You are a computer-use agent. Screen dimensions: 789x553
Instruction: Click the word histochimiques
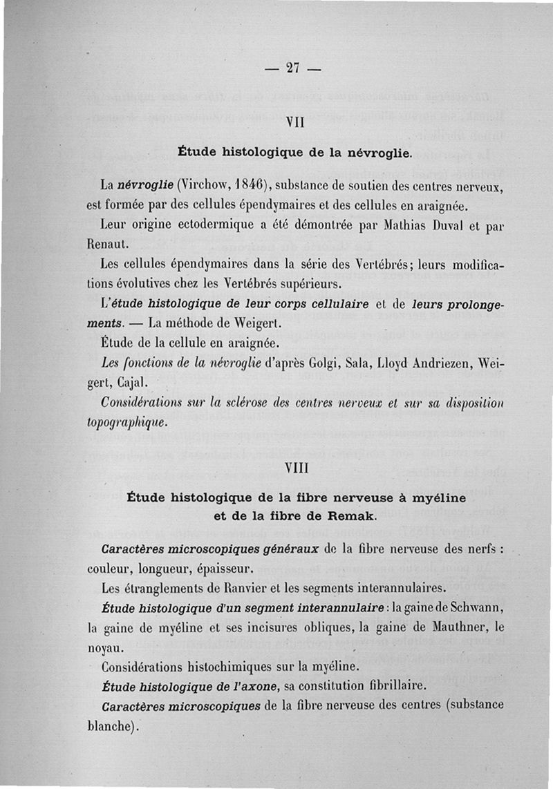click(233, 667)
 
